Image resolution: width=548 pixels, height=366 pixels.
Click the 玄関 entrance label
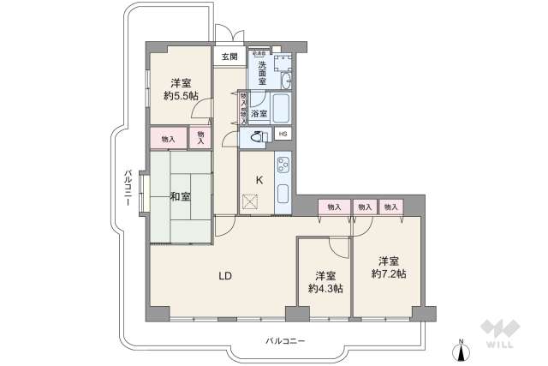coord(229,57)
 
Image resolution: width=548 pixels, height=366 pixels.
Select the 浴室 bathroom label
coord(259,112)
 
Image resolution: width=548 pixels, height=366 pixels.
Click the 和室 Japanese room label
coord(179,196)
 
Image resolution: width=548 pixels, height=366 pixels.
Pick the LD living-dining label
coord(224,276)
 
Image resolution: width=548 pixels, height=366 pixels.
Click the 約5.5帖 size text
coord(179,96)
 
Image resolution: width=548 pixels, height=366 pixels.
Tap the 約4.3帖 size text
coord(325,289)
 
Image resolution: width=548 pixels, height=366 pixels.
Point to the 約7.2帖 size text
coord(388,274)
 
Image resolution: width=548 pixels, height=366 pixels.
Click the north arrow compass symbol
coord(461,351)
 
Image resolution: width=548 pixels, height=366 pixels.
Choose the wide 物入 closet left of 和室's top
coord(169,139)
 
